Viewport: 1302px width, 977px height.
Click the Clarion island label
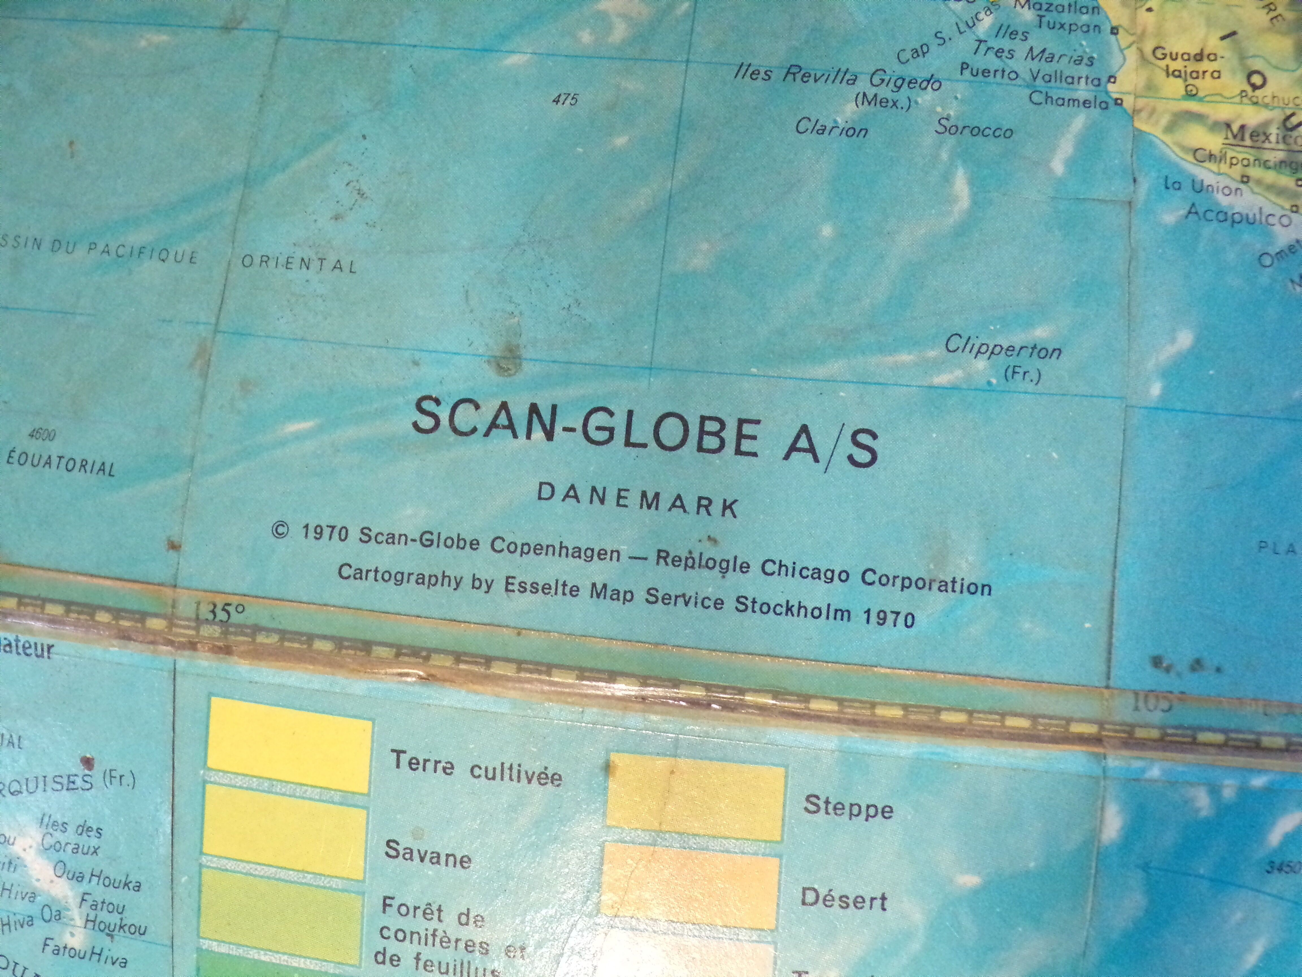pyautogui.click(x=831, y=128)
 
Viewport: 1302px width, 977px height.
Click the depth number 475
pyautogui.click(x=565, y=100)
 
